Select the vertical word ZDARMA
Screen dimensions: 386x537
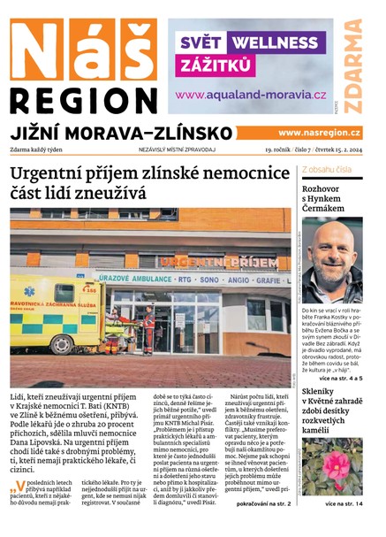pyautogui.click(x=352, y=66)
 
